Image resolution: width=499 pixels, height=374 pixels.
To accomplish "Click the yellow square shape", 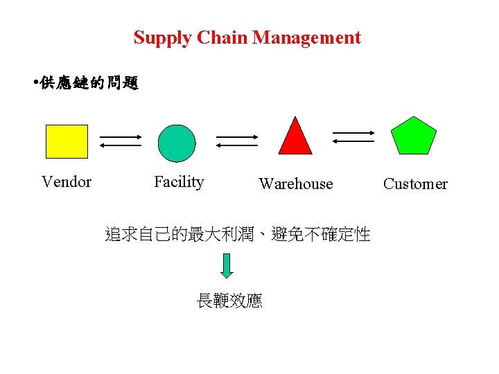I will pos(67,141).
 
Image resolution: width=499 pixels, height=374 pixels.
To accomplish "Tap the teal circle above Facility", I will pos(177,143).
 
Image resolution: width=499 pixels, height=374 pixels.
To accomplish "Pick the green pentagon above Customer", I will pos(414,136).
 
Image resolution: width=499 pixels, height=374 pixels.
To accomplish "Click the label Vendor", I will pos(67,182).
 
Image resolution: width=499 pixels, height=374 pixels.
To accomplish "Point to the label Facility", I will pos(179,182).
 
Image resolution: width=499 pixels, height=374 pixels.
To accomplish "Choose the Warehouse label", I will pos(295,184).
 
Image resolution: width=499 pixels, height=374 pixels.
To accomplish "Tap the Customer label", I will pos(415,184).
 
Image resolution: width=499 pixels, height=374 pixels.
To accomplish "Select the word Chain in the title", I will pos(223,37).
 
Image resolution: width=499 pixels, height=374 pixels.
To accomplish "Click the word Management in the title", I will pos(306,37).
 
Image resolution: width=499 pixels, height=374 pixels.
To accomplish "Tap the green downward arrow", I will pos(228,265).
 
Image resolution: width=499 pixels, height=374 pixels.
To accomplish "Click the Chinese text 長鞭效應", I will pos(229,301).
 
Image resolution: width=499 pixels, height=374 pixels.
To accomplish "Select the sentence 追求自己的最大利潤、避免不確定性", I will pos(238,235).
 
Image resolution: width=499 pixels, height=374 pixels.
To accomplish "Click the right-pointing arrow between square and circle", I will pos(121,136).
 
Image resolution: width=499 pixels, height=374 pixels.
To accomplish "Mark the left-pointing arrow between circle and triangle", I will pos(237,145).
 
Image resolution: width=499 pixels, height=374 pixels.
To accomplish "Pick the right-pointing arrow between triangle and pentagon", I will pos(353,132).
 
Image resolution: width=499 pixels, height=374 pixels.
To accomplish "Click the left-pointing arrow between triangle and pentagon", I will pos(353,141).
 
